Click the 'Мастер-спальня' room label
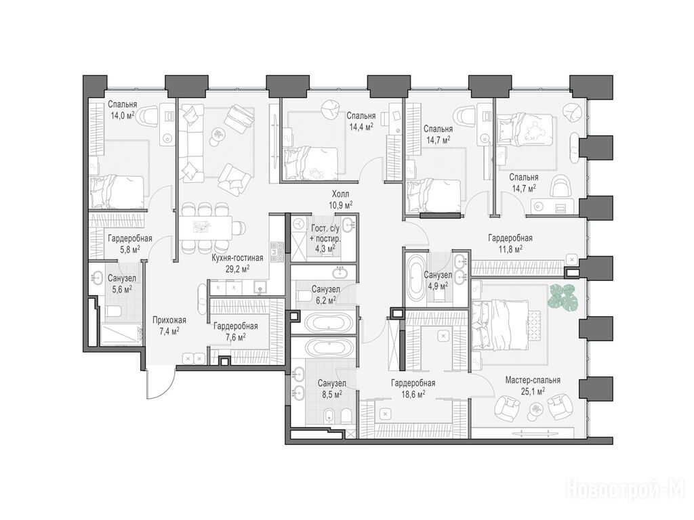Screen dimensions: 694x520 click(x=533, y=381)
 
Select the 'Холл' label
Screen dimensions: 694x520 click(x=340, y=194)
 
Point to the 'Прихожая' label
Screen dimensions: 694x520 click(x=169, y=320)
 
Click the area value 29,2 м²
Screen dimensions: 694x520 click(x=237, y=268)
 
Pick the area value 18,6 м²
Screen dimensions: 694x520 click(x=413, y=393)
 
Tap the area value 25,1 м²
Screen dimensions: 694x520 click(x=533, y=391)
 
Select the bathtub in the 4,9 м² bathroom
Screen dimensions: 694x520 click(x=415, y=277)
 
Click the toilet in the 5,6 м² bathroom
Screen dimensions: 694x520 click(x=113, y=311)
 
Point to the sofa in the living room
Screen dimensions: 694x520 click(x=190, y=142)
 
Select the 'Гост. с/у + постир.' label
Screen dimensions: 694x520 click(x=325, y=234)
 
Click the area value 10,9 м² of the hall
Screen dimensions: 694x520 click(x=340, y=204)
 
